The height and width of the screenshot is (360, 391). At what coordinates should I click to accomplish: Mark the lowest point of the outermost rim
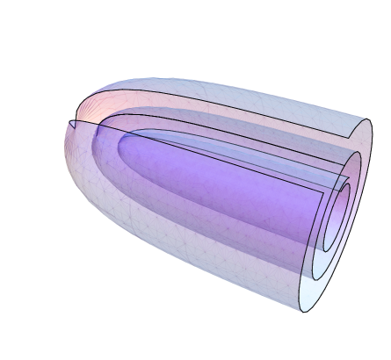coord(303,311)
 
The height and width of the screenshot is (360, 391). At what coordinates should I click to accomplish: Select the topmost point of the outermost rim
coord(367,119)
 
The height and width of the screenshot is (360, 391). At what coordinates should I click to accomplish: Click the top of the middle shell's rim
coord(356,151)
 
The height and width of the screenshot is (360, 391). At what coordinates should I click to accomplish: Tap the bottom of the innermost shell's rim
coord(329,249)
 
